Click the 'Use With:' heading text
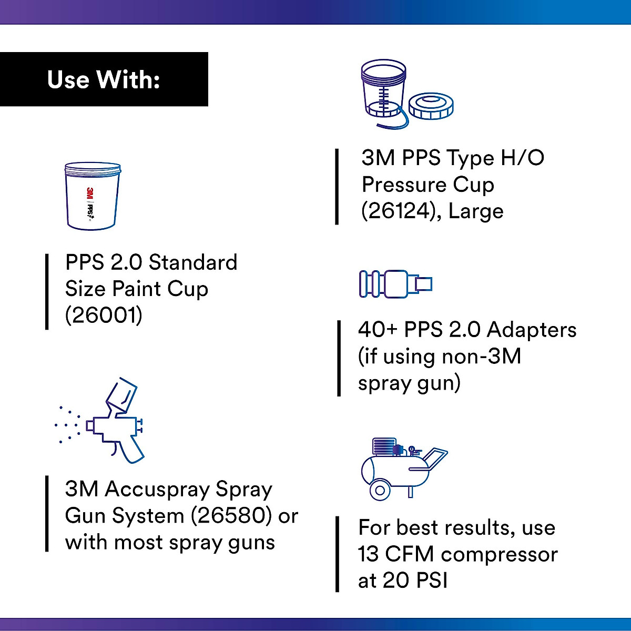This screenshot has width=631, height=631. pos(104,80)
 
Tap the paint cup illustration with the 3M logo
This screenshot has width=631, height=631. pos(93,196)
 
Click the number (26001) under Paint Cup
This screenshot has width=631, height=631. pos(104,315)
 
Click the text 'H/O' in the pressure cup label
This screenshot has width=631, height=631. pos(521,158)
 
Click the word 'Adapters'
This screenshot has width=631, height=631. pos(531,330)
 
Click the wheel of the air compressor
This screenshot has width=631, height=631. pos(380,491)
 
